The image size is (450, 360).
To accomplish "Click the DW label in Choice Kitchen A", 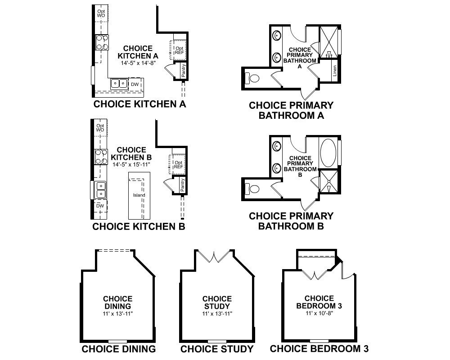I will coord(135,84).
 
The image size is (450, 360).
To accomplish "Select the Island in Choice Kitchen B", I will coord(139,195).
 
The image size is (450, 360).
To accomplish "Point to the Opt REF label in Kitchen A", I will coord(179,50).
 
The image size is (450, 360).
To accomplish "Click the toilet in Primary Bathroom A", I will coord(253,79).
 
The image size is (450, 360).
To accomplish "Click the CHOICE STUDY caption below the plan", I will coord(217,349).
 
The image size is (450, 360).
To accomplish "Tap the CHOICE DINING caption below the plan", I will coord(118,349).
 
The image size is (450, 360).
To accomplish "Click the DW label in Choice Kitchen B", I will coord(100,206).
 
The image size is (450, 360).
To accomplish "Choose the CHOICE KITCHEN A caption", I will coord(139,104).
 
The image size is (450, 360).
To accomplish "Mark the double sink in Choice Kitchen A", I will coord(119,83).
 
